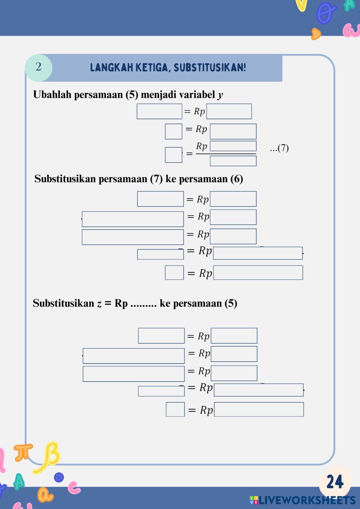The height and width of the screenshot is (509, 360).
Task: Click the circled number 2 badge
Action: (x=39, y=67)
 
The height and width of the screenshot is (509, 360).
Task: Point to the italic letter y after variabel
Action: (x=220, y=95)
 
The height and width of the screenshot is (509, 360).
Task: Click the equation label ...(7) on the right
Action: (x=279, y=148)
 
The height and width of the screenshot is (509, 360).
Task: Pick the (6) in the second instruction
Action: (x=237, y=179)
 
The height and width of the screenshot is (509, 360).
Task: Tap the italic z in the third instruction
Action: (x=99, y=304)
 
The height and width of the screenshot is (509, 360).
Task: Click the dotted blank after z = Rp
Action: (x=143, y=304)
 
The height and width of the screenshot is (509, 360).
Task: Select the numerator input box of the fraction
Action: (x=233, y=146)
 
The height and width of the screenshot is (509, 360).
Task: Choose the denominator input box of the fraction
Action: (x=233, y=161)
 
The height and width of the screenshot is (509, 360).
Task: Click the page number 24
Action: (x=335, y=482)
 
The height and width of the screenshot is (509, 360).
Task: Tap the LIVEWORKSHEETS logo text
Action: (x=306, y=500)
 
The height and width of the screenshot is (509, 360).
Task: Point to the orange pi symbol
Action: (x=23, y=452)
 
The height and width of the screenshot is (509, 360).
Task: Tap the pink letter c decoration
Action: (x=75, y=488)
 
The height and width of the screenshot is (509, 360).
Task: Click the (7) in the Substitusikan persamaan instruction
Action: (x=156, y=179)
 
